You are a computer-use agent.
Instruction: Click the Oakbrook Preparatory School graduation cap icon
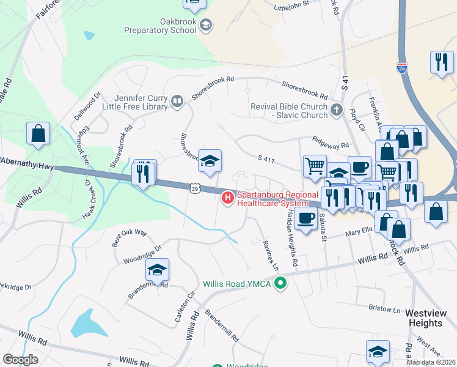[207, 25]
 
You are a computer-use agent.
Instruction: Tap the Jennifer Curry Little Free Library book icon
[177, 101]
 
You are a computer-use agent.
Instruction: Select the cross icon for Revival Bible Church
[335, 111]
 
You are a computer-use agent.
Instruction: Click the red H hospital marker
[227, 198]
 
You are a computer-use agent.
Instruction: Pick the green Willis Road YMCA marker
[280, 283]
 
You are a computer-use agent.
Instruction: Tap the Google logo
[20, 360]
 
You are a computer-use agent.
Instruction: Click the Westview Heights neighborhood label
[430, 317]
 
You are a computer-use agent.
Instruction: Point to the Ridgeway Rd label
[330, 143]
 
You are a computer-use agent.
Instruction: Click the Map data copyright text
[431, 362]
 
